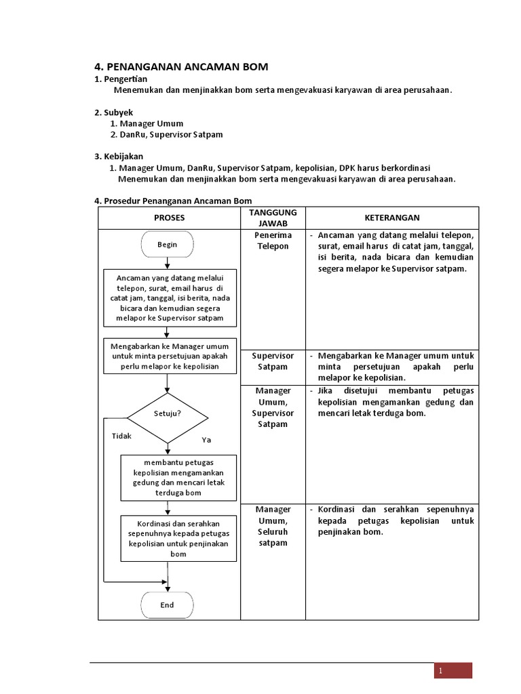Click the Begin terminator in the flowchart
[x=167, y=245]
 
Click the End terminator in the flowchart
[x=167, y=605]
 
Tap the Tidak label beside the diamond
[x=121, y=436]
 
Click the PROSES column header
[x=169, y=218]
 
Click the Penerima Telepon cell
[x=273, y=241]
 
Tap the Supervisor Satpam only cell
[x=273, y=361]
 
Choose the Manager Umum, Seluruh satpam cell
[x=273, y=526]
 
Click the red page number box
[x=453, y=670]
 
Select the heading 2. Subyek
[x=114, y=112]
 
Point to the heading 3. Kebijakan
[x=119, y=157]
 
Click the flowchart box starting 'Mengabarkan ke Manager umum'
[x=170, y=356]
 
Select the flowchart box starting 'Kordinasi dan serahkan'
[x=178, y=539]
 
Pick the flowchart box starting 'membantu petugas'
[x=178, y=477]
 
